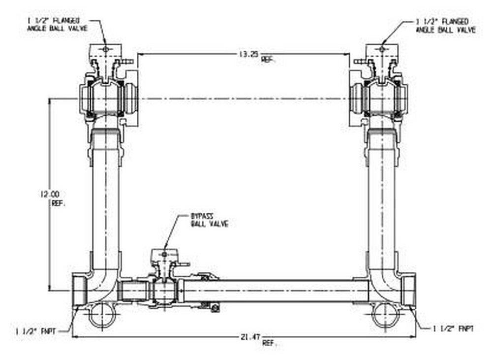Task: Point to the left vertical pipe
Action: tap(105, 197)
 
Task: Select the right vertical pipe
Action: tap(381, 197)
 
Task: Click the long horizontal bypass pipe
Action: tap(276, 291)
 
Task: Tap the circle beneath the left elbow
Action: tap(102, 315)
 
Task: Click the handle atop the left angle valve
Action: tap(105, 50)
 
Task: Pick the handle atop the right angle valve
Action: tap(381, 50)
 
